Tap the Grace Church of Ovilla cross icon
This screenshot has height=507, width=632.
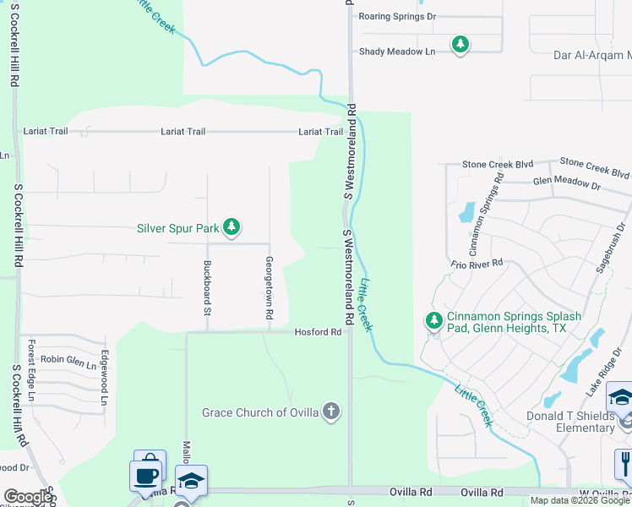pos(331,412)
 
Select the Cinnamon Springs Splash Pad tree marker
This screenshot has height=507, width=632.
pos(433,321)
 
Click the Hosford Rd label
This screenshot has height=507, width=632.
pos(317,332)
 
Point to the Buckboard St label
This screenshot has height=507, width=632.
pos(206,287)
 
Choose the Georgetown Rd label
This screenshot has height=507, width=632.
pos(269,287)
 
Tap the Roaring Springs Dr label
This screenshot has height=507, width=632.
pos(396,16)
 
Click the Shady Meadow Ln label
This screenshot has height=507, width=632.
pos(396,52)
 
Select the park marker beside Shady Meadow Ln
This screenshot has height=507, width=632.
pos(460,43)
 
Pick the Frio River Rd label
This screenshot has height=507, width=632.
pos(477,264)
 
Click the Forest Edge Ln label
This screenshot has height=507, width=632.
pos(31,370)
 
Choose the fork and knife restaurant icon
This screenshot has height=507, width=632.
pos(624,464)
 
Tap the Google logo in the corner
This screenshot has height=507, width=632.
pos(28,497)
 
